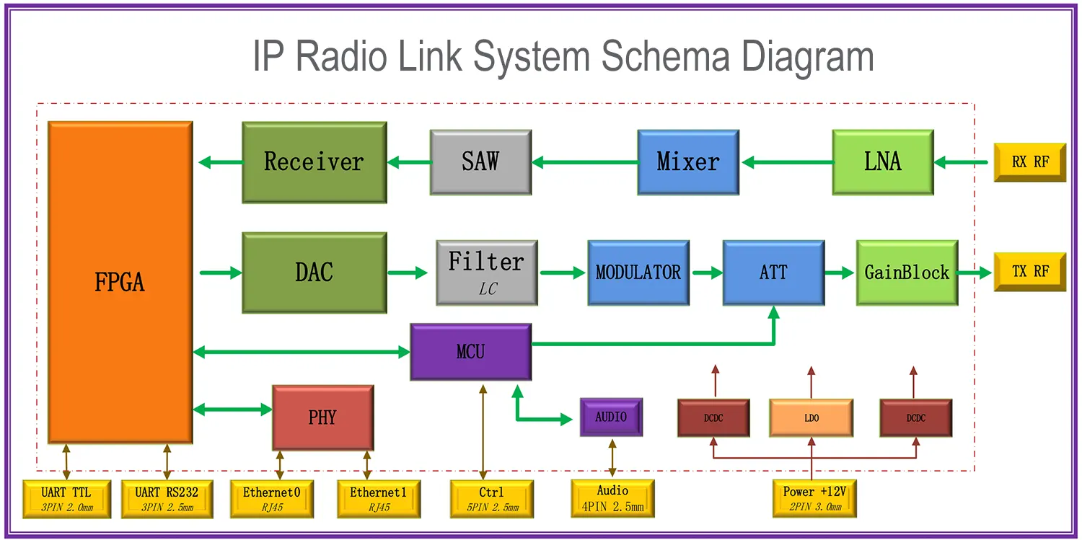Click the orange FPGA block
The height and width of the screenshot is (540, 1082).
120,282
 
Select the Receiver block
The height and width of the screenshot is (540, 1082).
314,162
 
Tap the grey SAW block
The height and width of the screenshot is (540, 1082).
480,162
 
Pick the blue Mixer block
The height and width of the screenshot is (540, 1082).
687,162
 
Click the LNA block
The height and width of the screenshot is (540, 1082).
882,162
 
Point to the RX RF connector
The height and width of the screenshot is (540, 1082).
1029,162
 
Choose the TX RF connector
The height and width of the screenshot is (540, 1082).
1029,272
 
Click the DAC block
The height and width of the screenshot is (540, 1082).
314,272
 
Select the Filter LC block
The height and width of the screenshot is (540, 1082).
486,272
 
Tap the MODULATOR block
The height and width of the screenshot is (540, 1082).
638,272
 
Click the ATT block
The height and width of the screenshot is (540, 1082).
773,272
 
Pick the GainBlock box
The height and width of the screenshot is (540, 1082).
907,272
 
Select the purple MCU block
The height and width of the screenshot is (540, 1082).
470,352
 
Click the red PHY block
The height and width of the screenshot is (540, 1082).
322,417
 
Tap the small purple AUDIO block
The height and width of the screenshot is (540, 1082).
611,417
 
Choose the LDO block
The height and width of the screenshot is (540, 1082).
811,418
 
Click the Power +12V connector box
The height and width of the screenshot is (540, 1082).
814,497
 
